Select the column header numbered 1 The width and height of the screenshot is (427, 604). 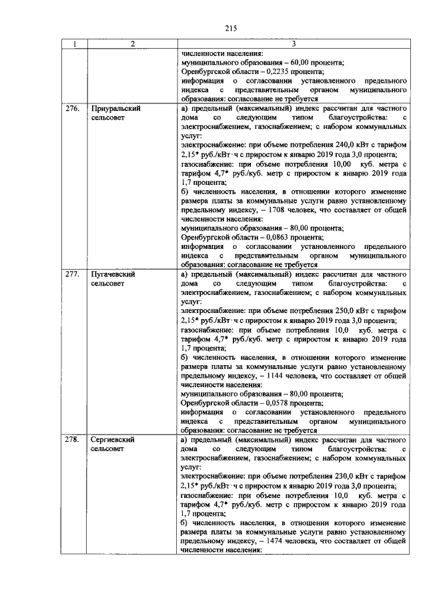pos(74,45)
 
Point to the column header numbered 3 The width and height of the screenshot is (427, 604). pos(294,45)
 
